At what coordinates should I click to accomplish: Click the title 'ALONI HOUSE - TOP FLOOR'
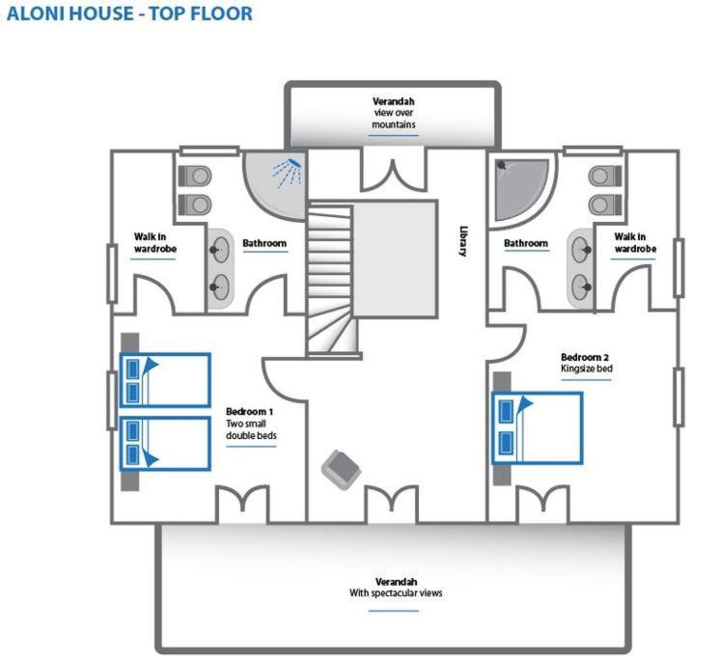click(x=129, y=14)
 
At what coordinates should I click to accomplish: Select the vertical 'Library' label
click(x=463, y=241)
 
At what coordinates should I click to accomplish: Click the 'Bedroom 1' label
click(x=249, y=412)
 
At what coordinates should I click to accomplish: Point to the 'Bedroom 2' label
click(x=585, y=357)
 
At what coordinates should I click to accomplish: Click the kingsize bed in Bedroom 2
click(x=538, y=428)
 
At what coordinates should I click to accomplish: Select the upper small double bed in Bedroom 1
click(x=165, y=380)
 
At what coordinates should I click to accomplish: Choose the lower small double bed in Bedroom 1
click(x=165, y=443)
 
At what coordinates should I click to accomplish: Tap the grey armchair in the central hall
click(x=341, y=470)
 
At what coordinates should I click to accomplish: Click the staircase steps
click(x=330, y=279)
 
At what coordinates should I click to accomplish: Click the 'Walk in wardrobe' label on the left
click(x=155, y=242)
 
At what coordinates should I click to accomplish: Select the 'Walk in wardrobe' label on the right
click(x=635, y=242)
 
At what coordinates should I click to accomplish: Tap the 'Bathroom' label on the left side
click(x=264, y=243)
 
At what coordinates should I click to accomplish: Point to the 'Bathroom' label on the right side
click(x=526, y=243)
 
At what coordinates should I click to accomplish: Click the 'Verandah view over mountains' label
click(x=394, y=113)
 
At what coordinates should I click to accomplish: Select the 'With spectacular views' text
click(x=396, y=593)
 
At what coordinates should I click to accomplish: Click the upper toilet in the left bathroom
click(x=195, y=176)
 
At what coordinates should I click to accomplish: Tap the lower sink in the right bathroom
click(x=581, y=288)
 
